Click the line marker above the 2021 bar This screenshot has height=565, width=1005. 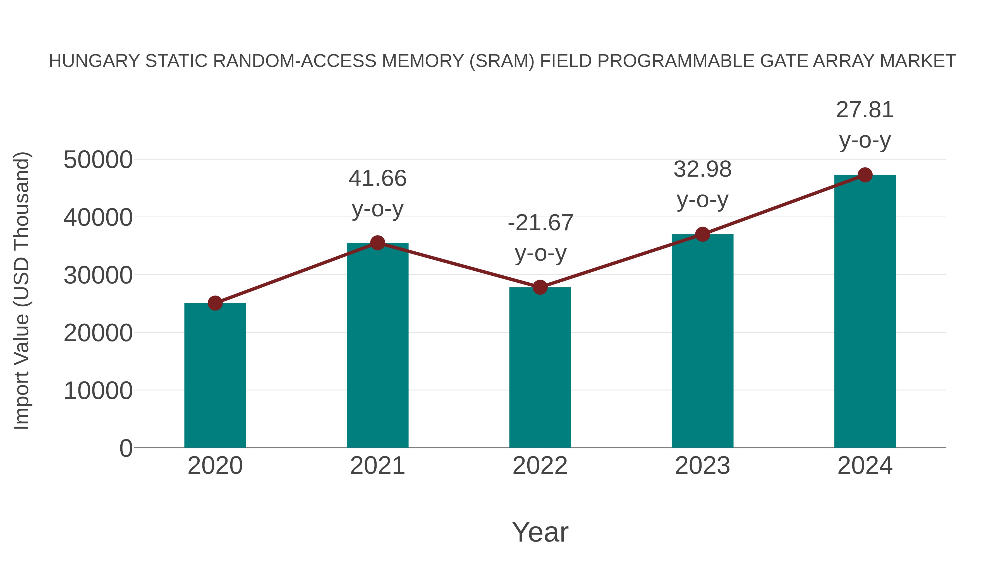point(377,243)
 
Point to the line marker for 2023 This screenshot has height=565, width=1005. point(702,234)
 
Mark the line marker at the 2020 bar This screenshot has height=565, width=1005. point(215,303)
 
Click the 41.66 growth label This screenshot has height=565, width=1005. point(377,179)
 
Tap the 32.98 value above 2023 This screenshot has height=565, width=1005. point(702,170)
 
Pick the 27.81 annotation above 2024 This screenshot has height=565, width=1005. point(865,110)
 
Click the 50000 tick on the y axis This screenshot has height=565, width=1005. point(98,160)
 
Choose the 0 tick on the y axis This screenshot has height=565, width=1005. point(126,448)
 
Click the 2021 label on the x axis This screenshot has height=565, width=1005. point(377,466)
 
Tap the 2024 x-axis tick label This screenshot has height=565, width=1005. point(865,466)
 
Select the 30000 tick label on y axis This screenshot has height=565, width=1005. point(98,275)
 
